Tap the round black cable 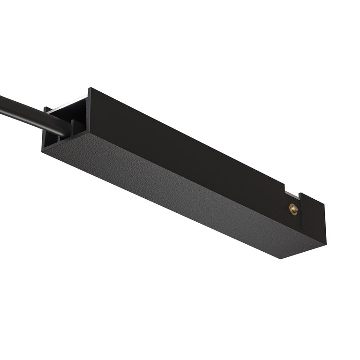pyautogui.click(x=28, y=112)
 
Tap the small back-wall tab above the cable pyautogui.click(x=47, y=110)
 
